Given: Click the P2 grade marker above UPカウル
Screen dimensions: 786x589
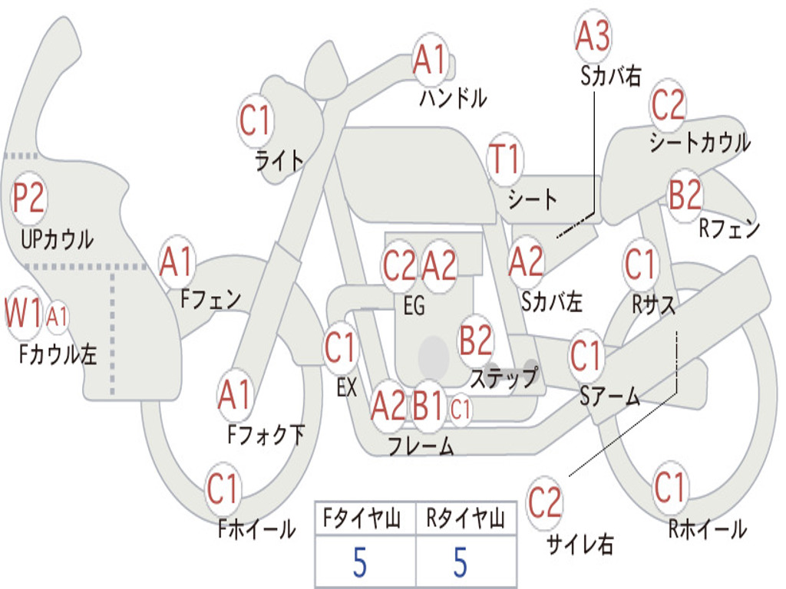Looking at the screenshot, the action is click(29, 199).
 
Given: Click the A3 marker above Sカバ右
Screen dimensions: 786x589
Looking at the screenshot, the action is click(593, 37).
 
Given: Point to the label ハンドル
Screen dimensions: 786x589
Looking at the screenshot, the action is click(453, 97).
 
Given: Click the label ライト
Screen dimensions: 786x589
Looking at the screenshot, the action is click(279, 160).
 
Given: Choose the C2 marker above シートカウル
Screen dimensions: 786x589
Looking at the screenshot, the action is click(668, 104).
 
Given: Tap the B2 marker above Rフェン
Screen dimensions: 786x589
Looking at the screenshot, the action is click(685, 196).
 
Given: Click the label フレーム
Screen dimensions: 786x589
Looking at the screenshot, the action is click(420, 446).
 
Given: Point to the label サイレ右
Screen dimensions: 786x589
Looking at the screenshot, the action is click(580, 544).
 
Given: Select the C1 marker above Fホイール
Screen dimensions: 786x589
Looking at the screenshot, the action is click(223, 489).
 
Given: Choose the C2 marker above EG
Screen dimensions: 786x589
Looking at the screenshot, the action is click(399, 266).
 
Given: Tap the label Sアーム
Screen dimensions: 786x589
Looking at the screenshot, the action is click(609, 396).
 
